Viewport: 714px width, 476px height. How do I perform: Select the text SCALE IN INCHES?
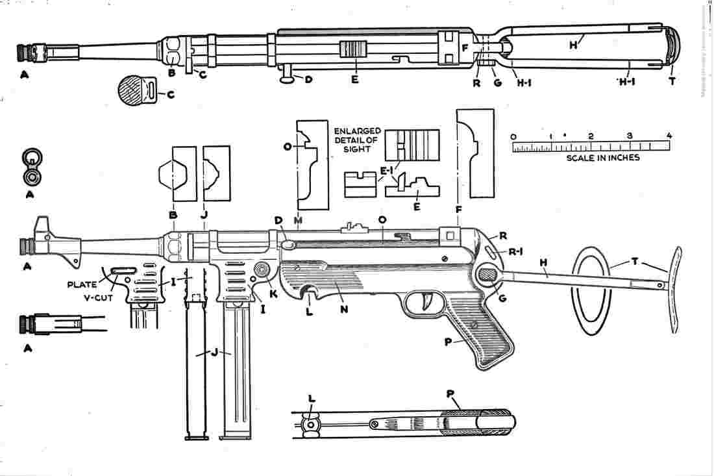click(x=602, y=158)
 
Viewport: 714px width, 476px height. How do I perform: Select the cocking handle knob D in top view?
click(x=286, y=79)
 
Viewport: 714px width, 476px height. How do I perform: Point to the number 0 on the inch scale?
click(x=513, y=136)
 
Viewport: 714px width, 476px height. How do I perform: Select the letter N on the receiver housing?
click(x=344, y=309)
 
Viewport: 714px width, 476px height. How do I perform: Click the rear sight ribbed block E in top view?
click(x=354, y=51)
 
